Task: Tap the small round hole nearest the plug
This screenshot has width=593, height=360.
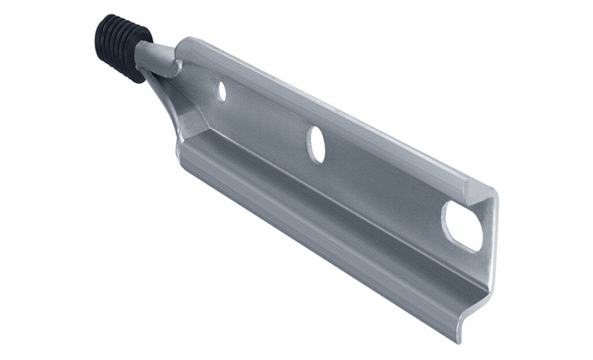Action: click(x=221, y=91)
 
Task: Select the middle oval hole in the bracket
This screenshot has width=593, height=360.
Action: click(x=316, y=142)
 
